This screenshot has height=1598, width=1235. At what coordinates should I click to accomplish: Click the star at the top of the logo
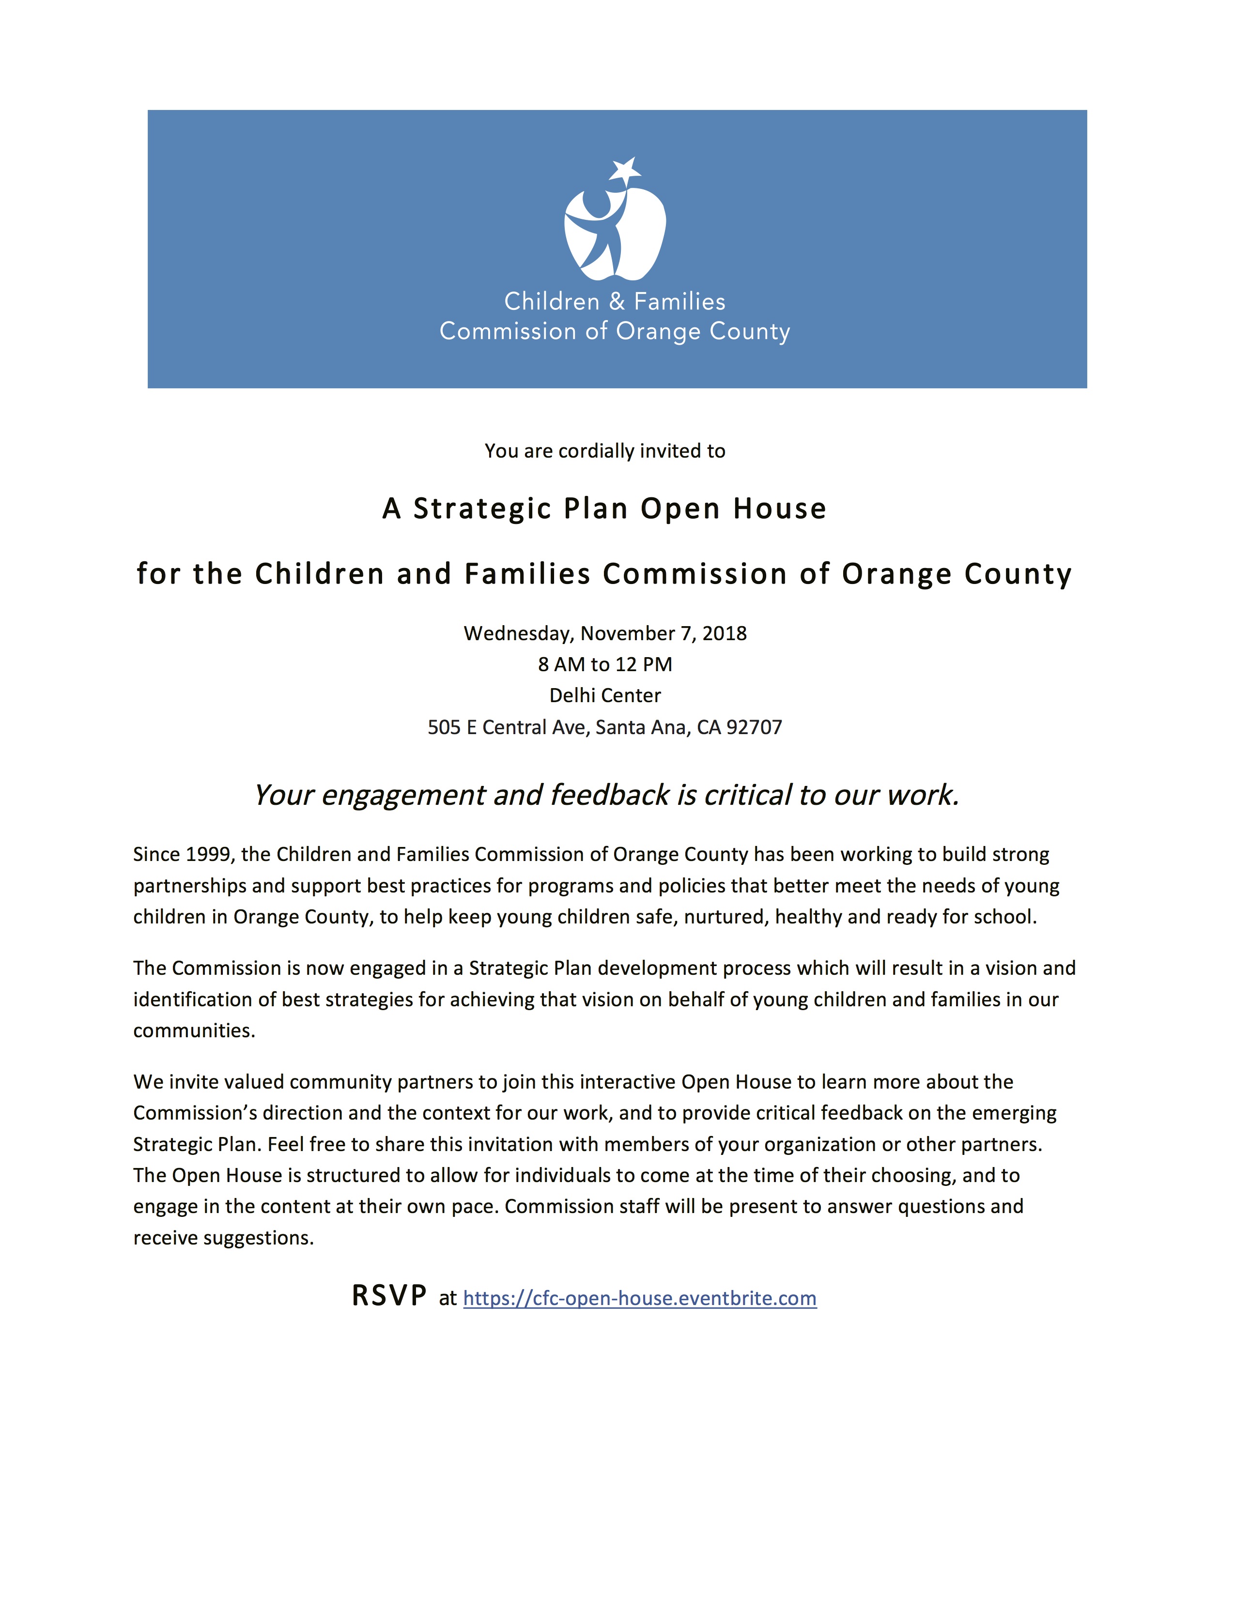pyautogui.click(x=626, y=170)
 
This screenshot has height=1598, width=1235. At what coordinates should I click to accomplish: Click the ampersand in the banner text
pyautogui.click(x=617, y=302)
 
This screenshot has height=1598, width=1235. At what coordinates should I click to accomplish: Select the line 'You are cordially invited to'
pyautogui.click(x=605, y=451)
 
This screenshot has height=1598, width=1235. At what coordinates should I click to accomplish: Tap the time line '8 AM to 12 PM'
pyautogui.click(x=605, y=664)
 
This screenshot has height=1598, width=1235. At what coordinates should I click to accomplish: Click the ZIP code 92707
pyautogui.click(x=754, y=727)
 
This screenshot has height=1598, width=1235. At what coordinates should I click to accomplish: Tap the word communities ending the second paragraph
pyautogui.click(x=194, y=1031)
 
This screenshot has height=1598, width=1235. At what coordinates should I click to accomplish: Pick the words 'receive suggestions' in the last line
pyautogui.click(x=223, y=1238)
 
